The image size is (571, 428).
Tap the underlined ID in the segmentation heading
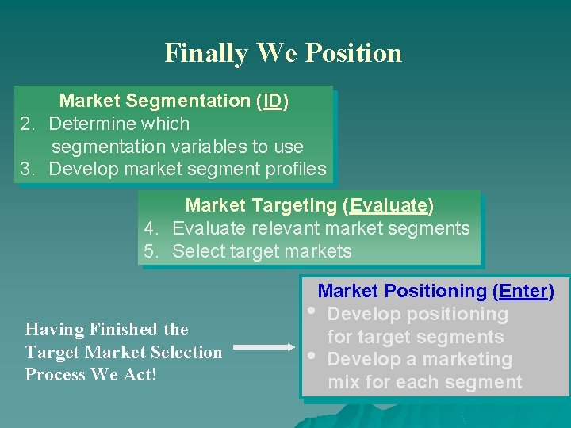[272, 101]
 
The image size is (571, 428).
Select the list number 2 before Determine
[27, 124]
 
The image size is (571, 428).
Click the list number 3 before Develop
[27, 169]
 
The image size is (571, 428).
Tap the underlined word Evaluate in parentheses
[389, 206]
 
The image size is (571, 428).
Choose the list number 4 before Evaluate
[151, 229]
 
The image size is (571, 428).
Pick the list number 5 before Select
[151, 252]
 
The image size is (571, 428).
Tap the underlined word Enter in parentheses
[521, 292]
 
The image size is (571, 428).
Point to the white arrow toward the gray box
[264, 346]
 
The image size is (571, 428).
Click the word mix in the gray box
[343, 382]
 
